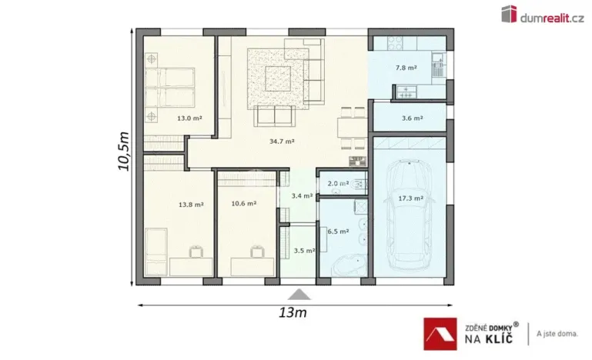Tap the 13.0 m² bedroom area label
point(189,118)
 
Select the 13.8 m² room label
point(190,205)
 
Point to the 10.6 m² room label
point(243,204)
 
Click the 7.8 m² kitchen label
point(406,68)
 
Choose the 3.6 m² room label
point(411,118)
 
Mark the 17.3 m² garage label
point(410,198)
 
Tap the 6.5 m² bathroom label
point(338,231)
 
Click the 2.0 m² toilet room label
point(338,184)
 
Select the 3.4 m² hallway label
point(302,196)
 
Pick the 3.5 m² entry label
point(303,251)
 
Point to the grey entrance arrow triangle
point(297,294)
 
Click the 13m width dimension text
point(293,313)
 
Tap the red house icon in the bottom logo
point(443,333)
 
